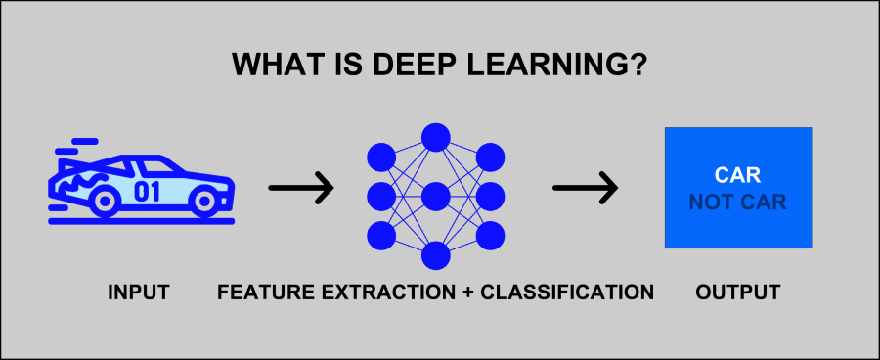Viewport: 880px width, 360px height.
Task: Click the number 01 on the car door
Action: pos(147,191)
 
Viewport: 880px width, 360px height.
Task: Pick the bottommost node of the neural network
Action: pos(435,255)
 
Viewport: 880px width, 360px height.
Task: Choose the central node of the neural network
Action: pos(435,197)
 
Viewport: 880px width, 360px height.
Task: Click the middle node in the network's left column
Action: pos(381,197)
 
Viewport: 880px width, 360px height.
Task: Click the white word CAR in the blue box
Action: pos(737,176)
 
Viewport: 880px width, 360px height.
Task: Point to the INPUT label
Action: pos(139,292)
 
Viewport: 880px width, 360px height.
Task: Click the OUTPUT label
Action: pos(738,292)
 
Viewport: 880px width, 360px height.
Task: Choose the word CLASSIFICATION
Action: pos(566,292)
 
